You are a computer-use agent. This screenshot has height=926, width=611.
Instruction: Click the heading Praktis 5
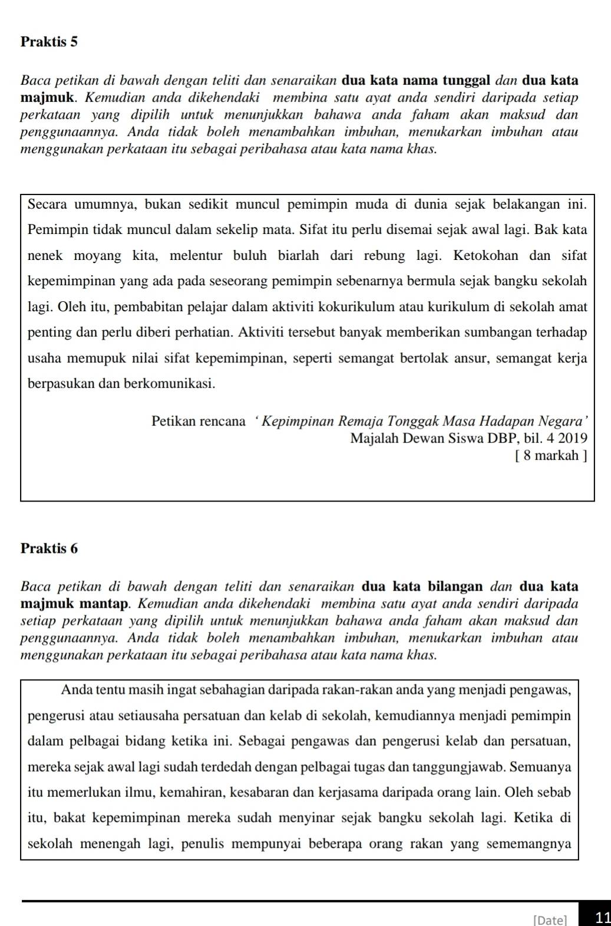click(49, 42)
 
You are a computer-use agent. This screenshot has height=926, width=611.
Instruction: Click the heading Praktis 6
click(49, 548)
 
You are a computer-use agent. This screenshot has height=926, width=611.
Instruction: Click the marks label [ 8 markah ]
click(551, 455)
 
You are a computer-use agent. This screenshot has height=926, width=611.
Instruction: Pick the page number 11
click(602, 917)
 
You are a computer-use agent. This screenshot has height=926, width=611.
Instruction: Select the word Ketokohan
click(486, 255)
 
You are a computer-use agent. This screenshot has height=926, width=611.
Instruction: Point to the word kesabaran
click(276, 792)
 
